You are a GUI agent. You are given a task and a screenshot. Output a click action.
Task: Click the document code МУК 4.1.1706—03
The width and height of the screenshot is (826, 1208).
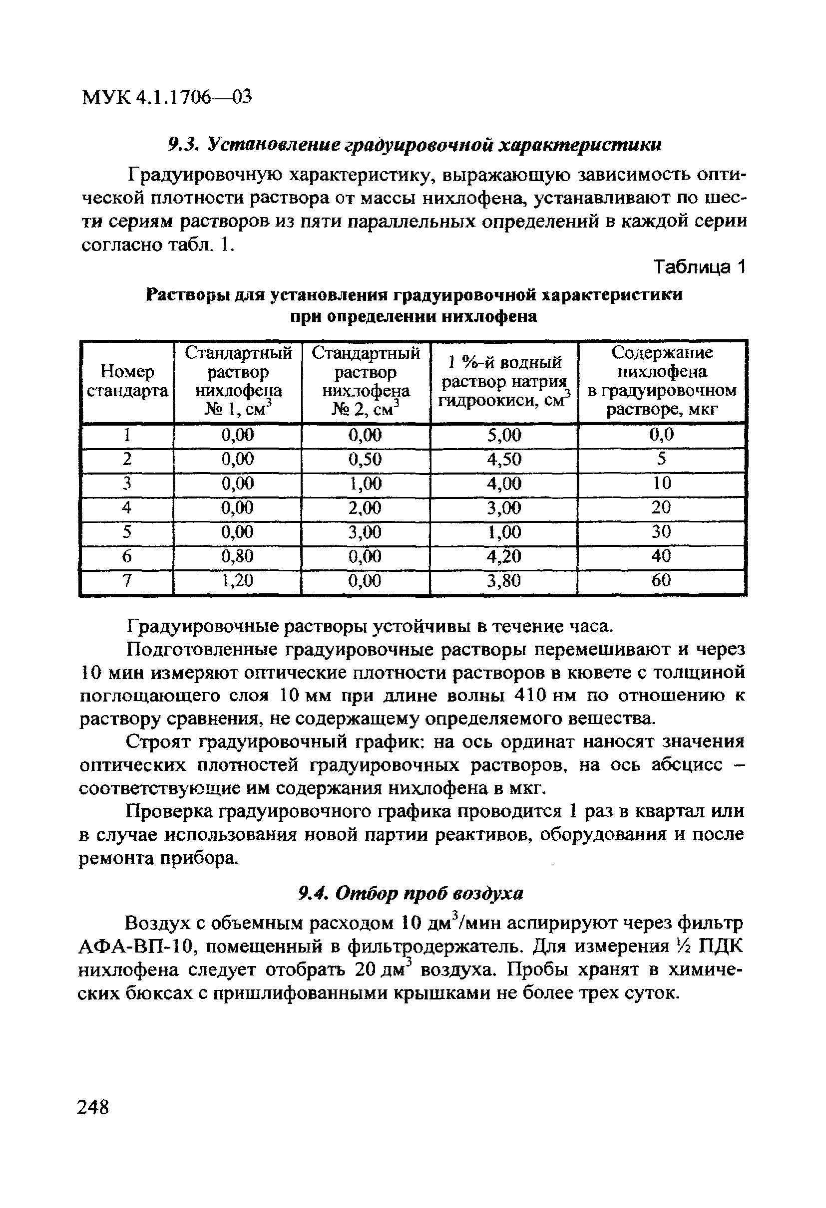pos(166,97)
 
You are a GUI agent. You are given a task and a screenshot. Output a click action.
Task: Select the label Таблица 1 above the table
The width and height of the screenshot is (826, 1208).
pos(700,267)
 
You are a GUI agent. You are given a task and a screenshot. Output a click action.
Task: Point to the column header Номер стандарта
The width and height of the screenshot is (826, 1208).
pos(127,381)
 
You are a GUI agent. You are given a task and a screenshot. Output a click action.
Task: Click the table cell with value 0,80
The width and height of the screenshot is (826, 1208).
pos(237,556)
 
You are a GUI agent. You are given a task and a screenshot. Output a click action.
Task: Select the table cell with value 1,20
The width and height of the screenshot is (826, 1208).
pos(237,580)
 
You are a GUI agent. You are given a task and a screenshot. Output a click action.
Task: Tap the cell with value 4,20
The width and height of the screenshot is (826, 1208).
pos(503,556)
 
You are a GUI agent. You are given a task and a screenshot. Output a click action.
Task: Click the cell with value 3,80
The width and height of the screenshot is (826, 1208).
pos(503,580)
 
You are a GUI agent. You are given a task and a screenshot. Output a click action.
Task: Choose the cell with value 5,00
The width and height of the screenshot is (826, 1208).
pos(503,435)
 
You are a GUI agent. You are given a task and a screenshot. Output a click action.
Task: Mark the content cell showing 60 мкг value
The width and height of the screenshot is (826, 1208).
pos(661,580)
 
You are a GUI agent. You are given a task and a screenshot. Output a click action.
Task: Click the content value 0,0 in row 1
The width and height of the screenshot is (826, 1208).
pos(661,434)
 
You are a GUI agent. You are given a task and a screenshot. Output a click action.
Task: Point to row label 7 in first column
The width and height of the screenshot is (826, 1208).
pos(126,580)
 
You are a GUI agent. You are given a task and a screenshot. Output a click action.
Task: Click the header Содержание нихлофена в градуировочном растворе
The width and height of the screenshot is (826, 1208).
pos(662,381)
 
